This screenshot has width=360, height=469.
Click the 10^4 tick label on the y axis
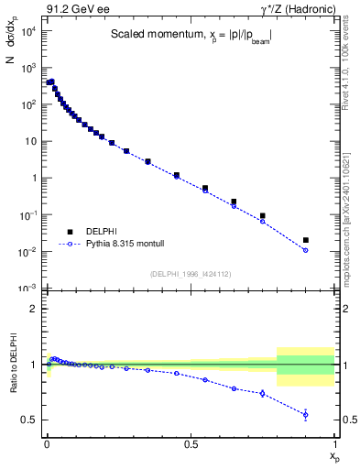[x=27, y=31]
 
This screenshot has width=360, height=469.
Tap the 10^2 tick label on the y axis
[x=27, y=104]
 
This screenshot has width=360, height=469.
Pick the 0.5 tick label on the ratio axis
[x=29, y=420]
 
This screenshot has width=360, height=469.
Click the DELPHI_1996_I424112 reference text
[x=190, y=272]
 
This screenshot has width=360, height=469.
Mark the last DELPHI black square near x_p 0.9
[x=305, y=240]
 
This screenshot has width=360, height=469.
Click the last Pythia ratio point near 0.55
[x=305, y=415]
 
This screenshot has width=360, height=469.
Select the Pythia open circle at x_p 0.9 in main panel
[x=305, y=250]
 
